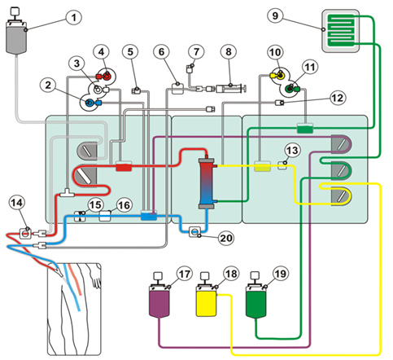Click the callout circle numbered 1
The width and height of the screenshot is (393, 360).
[x=74, y=17]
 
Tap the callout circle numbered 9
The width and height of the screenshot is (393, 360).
[x=275, y=15]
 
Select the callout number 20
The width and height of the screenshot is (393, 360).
[x=226, y=238]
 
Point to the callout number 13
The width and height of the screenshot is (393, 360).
[x=292, y=150]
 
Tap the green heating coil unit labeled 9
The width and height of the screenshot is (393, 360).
[x=341, y=31]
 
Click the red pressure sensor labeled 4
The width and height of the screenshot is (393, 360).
[x=106, y=77]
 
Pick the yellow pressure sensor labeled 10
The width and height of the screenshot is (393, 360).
[x=278, y=75]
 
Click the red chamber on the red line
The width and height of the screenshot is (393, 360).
[x=124, y=166]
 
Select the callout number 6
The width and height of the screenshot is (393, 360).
[x=161, y=51]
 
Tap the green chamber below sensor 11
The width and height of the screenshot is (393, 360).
[x=305, y=128]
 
